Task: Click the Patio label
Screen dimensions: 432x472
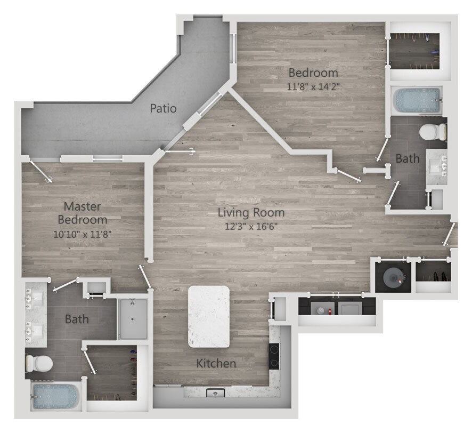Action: pyautogui.click(x=163, y=109)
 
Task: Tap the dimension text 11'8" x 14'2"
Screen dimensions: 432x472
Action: pyautogui.click(x=313, y=86)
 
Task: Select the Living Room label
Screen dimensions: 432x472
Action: pyautogui.click(x=251, y=213)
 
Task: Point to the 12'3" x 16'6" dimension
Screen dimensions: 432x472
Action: pyautogui.click(x=251, y=226)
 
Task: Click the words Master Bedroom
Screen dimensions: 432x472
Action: pyautogui.click(x=82, y=212)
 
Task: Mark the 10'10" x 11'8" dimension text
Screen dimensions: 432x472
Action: pyautogui.click(x=82, y=234)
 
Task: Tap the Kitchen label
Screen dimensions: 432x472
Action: pyautogui.click(x=216, y=364)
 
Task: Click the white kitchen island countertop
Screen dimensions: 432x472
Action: pyautogui.click(x=209, y=317)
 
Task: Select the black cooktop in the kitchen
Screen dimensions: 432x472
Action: pyautogui.click(x=273, y=356)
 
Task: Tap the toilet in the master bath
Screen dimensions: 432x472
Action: pyautogui.click(x=39, y=364)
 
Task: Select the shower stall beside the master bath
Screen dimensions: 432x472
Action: pyautogui.click(x=133, y=319)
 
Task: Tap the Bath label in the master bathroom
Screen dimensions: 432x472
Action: pyautogui.click(x=77, y=319)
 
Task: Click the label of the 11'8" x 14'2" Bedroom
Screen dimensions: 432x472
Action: pyautogui.click(x=313, y=73)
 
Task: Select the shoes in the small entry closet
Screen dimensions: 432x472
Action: pyautogui.click(x=435, y=276)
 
